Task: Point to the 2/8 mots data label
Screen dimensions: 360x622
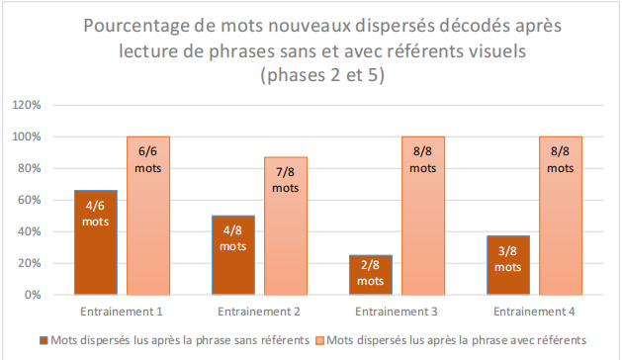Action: coord(371,274)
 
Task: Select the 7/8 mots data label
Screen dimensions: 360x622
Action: coord(286,179)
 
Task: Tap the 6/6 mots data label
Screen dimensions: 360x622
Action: coord(148,159)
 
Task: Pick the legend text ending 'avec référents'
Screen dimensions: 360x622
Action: coord(456,339)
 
